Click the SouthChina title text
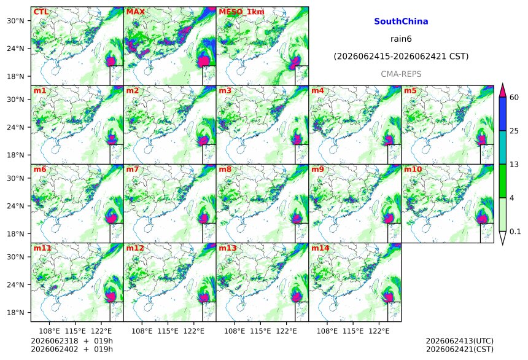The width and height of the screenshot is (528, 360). point(401,22)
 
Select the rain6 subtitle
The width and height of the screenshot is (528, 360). point(401,39)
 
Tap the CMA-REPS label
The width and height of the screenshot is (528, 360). point(401,74)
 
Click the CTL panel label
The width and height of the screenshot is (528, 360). point(41,12)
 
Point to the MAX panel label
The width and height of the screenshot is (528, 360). point(135,12)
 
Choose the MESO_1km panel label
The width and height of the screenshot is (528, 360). point(241,12)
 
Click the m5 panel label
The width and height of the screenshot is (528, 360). point(410,91)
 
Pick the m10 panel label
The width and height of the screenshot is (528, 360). point(413,169)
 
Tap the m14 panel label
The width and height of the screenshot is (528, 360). point(320,248)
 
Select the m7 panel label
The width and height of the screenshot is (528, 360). point(133,169)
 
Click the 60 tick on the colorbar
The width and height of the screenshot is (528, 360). point(514,98)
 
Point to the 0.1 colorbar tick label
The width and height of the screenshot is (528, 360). point(515,232)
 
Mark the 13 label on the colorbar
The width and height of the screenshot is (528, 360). point(514,165)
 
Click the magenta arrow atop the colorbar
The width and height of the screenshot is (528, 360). point(503,90)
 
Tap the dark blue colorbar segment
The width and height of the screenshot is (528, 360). point(503,114)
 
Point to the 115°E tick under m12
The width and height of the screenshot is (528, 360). point(168,331)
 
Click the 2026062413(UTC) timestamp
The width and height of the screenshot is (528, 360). point(460,342)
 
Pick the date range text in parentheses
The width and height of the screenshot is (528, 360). point(401,57)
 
